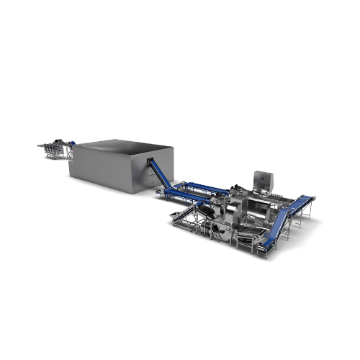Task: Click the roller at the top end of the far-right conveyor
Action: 312,195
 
